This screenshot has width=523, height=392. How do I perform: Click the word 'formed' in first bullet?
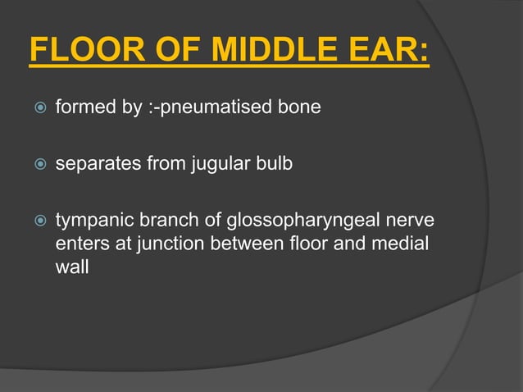(82, 107)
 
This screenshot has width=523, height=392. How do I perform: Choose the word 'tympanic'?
(88, 221)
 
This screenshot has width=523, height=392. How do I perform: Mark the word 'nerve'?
(412, 221)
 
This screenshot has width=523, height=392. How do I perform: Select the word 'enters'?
(80, 244)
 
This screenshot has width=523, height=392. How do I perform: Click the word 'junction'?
(165, 244)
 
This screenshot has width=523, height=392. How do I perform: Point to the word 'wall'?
(71, 267)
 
